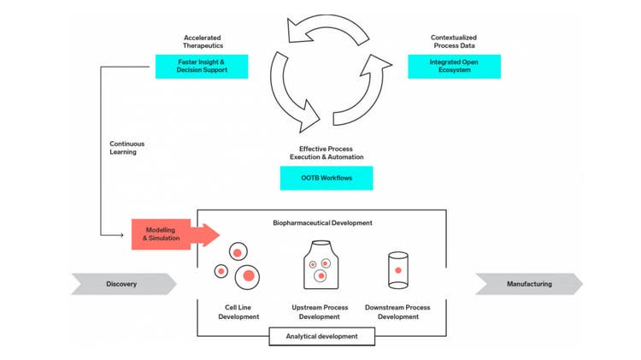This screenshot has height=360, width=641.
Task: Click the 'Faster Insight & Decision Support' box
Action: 202,67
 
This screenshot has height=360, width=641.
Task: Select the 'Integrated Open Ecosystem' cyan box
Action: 454,67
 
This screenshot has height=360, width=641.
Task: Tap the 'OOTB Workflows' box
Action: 326,178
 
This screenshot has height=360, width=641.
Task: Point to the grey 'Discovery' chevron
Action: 123,284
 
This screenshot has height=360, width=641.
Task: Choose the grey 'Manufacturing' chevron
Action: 528,284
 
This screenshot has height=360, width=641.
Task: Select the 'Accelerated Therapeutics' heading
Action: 202,42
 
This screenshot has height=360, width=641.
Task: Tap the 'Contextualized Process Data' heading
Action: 454,42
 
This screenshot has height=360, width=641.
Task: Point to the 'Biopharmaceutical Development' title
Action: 322,222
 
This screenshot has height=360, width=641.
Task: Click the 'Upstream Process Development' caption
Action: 319,311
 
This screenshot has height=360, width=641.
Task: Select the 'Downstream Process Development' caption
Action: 398,311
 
